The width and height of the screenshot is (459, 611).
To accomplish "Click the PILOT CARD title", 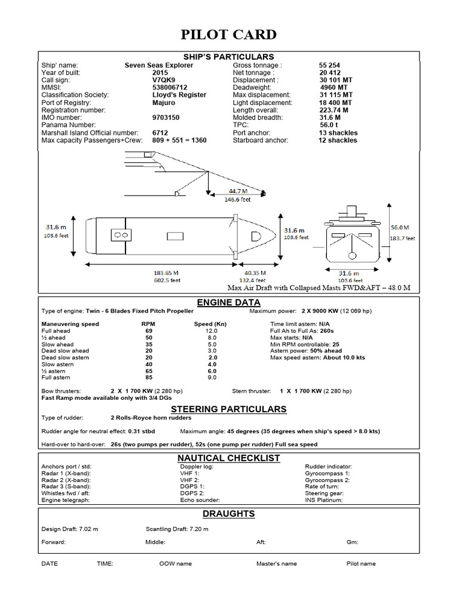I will [229, 35].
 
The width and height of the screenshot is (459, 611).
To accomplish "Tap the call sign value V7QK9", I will [164, 80].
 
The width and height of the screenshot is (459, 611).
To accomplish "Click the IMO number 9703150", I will [166, 118].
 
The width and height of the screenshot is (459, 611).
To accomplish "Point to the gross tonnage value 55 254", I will [330, 65].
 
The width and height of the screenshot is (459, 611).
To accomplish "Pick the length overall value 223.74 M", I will [334, 110].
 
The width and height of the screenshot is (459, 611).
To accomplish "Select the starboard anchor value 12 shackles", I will [338, 140].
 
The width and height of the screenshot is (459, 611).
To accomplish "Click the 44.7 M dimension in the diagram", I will [238, 191].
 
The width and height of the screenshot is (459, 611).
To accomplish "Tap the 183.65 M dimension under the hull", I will [167, 272].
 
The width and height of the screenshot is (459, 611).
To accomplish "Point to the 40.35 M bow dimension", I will [256, 272].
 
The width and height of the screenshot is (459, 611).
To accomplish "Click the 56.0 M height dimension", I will [400, 227].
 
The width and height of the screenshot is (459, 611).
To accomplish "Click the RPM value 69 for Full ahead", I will [149, 331].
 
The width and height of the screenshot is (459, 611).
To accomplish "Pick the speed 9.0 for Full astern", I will [212, 378].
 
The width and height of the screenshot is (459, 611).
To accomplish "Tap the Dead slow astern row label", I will [65, 357].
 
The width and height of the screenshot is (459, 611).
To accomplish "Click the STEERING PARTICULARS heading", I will [229, 409].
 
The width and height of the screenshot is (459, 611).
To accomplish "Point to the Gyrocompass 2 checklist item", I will [328, 480].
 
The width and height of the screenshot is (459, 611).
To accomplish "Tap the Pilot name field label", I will [361, 563].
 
